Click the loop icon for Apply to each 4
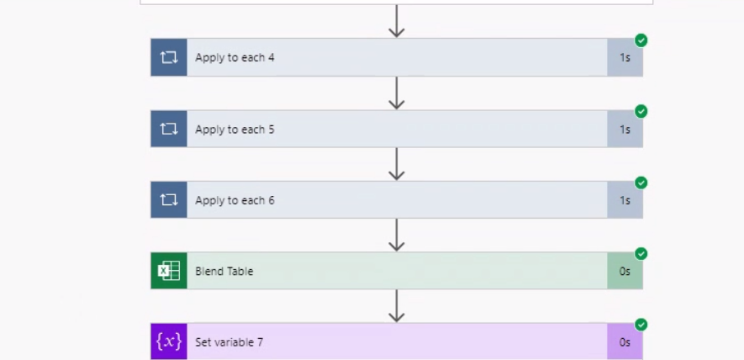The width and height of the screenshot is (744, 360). click(169, 58)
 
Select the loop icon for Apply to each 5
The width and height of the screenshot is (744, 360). click(169, 130)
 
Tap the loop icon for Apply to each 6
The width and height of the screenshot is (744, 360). click(169, 200)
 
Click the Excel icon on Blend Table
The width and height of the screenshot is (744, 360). click(169, 271)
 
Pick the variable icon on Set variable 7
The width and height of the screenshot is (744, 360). click(169, 341)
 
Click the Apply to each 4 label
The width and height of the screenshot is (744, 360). click(235, 58)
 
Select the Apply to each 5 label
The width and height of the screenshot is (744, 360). click(235, 130)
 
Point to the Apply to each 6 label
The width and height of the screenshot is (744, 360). click(235, 200)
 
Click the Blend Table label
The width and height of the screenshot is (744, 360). click(224, 271)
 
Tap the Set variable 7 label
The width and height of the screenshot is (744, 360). click(230, 342)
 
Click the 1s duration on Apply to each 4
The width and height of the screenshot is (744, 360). click(625, 58)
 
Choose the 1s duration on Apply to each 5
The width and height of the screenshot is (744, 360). click(625, 130)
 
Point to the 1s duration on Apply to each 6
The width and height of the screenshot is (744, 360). click(625, 200)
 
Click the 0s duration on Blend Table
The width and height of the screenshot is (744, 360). click(625, 271)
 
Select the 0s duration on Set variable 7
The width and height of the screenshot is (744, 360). click(625, 342)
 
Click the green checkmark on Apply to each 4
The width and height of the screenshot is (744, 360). click(641, 40)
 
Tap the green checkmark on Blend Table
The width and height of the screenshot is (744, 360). click(641, 253)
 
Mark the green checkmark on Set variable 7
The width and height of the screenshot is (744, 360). click(641, 325)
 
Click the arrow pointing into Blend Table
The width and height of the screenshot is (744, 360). click(397, 235)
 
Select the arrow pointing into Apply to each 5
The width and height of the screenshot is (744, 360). click(397, 93)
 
